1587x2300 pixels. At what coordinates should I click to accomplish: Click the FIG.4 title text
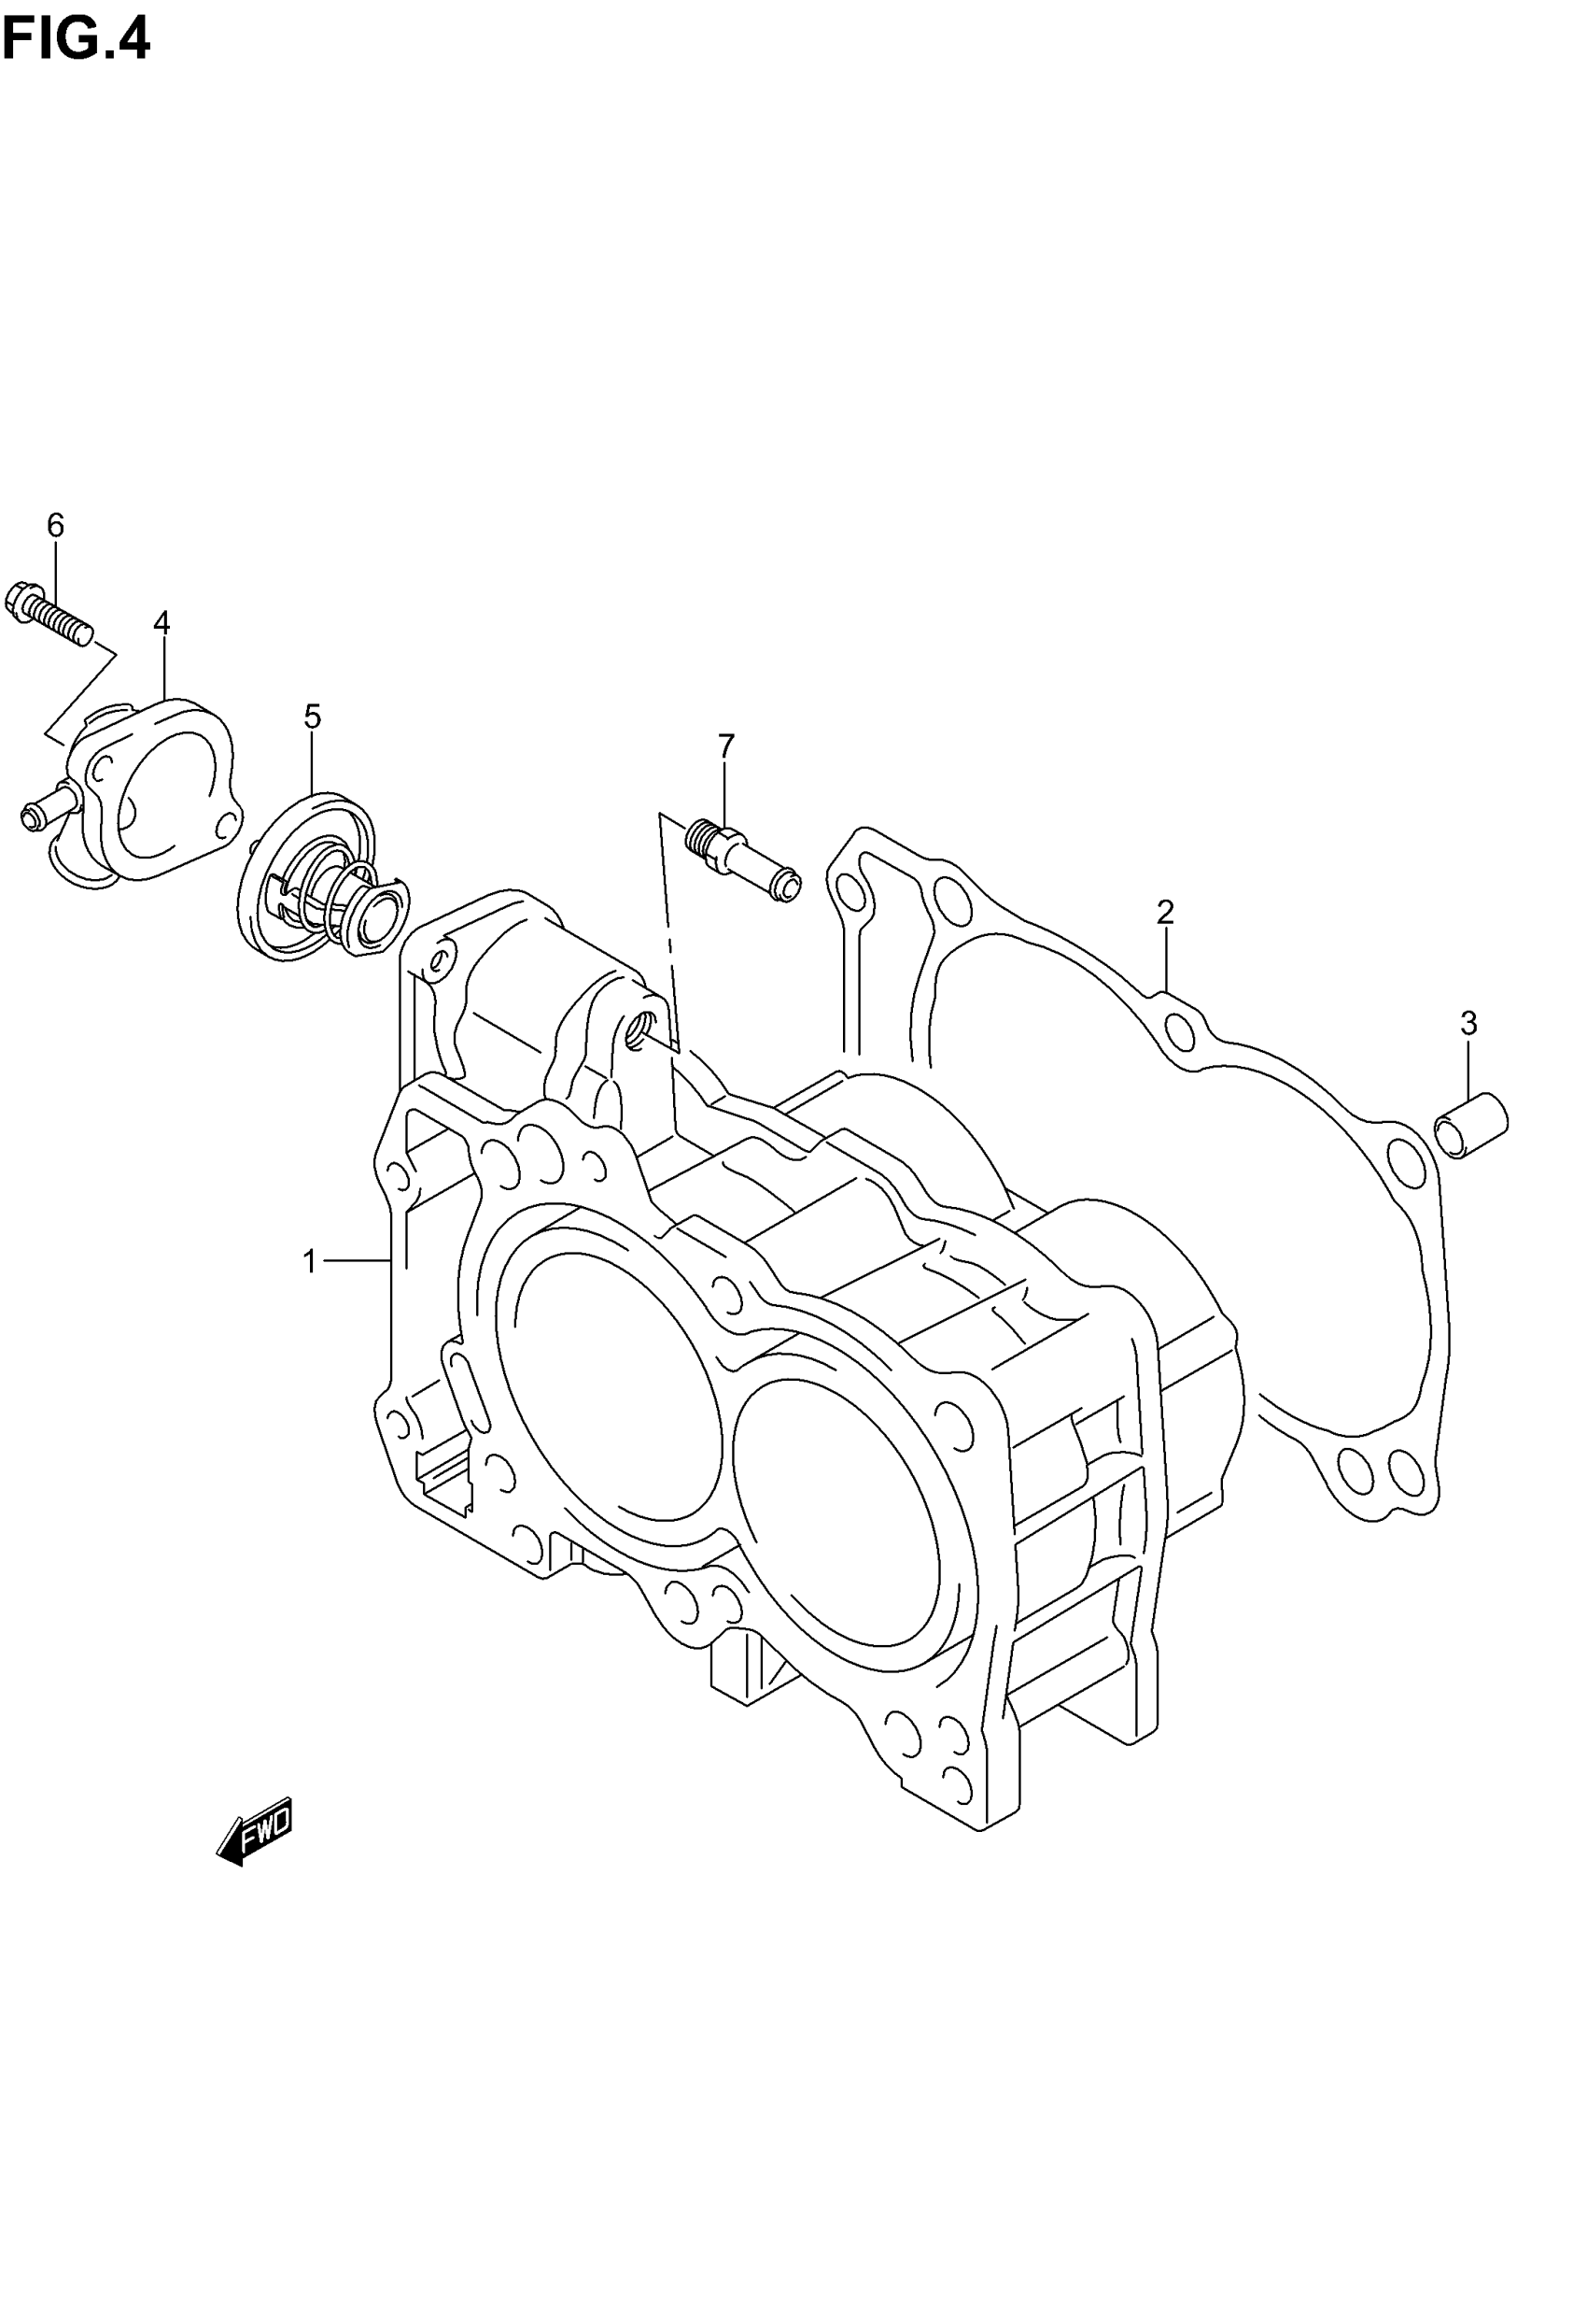coord(76,40)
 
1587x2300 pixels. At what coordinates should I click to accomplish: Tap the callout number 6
coord(56,525)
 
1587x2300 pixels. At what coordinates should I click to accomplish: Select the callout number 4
coord(162,623)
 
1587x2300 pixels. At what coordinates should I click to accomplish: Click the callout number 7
coord(726,745)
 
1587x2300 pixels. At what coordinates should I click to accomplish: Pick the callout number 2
coord(1165,911)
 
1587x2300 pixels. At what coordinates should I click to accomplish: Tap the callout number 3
coord(1468,1023)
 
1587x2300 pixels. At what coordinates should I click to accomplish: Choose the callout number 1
coord(309,1262)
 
